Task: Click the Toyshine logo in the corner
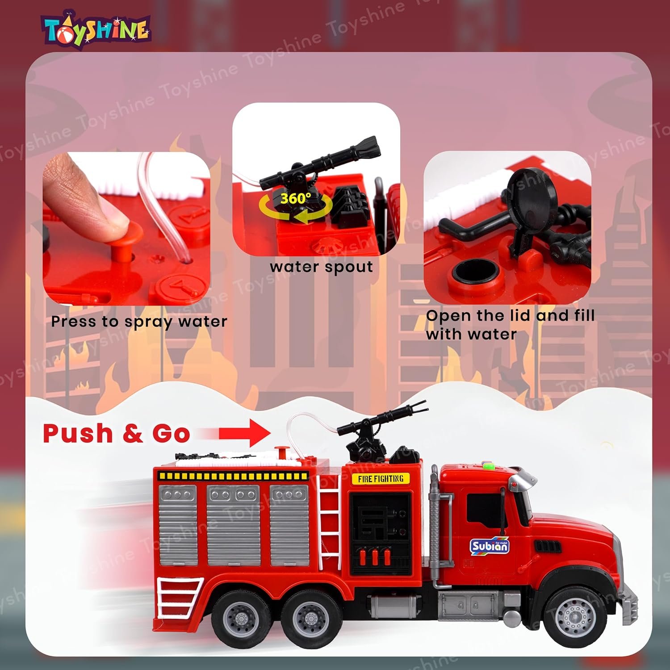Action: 96,30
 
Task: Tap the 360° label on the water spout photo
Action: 296,198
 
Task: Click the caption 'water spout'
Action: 321,267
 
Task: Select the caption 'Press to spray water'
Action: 139,322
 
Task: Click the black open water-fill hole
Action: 475,272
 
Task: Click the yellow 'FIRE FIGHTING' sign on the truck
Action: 381,479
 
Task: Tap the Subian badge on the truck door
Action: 490,545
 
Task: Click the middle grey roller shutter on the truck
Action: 233,525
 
